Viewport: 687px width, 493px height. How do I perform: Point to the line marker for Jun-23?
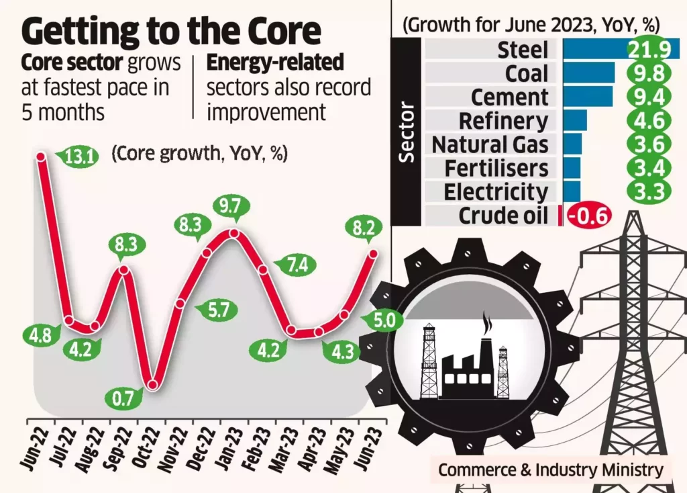[374, 253]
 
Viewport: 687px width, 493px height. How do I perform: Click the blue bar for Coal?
[588, 73]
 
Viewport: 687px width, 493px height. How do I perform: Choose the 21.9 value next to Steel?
[650, 49]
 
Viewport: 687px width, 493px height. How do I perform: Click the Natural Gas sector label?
[490, 145]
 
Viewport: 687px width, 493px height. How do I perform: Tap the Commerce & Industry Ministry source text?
[551, 469]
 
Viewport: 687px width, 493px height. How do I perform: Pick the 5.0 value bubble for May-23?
[385, 320]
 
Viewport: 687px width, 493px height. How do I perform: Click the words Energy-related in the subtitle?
[275, 63]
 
